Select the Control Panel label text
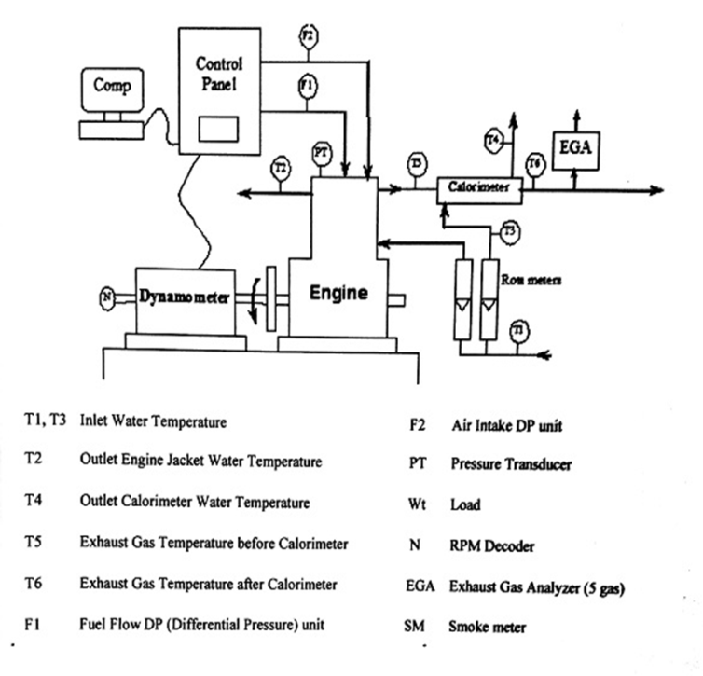(x=219, y=74)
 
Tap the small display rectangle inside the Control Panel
(x=220, y=127)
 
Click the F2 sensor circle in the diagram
(x=308, y=36)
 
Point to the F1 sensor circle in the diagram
(x=308, y=86)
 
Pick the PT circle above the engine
(x=321, y=152)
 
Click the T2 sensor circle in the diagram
(x=280, y=168)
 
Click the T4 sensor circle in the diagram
(x=494, y=141)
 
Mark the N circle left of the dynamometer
(x=108, y=298)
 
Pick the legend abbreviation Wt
(x=417, y=504)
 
